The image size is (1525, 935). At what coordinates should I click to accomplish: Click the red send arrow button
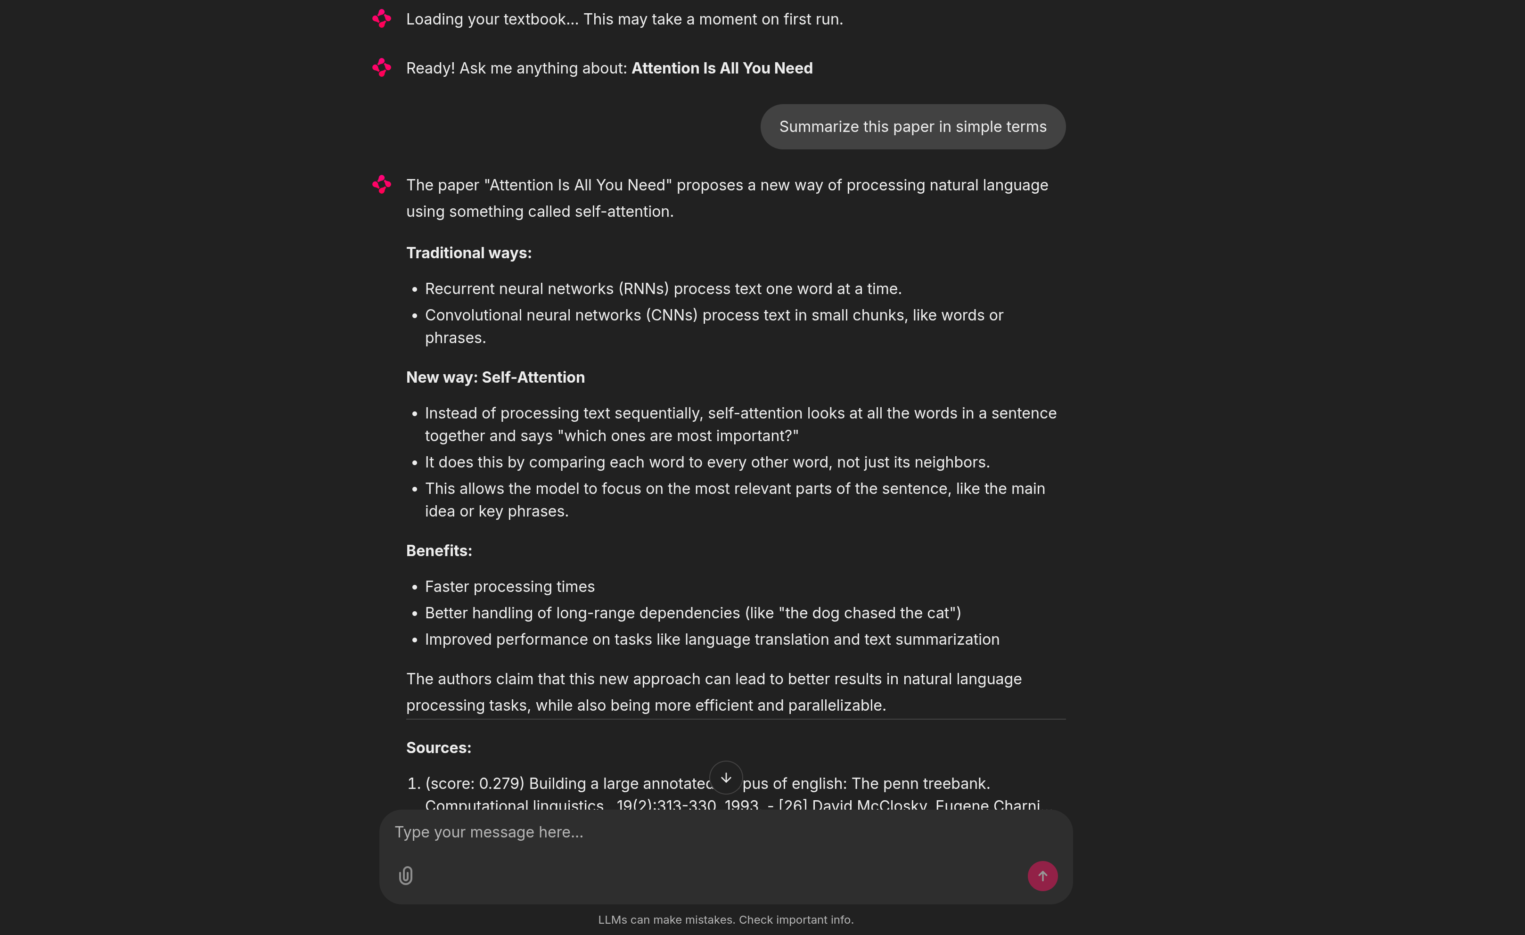coord(1042,876)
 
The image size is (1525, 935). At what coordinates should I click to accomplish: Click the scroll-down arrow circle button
coord(726,778)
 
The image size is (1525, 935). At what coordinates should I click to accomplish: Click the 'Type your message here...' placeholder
coord(489,832)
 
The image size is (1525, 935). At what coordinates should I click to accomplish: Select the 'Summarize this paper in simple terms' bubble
coord(912,127)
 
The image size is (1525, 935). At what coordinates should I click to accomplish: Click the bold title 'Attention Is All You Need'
coord(722,68)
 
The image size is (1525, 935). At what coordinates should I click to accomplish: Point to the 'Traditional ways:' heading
coord(468,253)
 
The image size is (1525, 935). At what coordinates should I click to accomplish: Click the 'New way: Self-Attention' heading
coord(495,377)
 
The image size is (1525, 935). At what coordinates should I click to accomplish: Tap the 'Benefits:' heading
coord(439,551)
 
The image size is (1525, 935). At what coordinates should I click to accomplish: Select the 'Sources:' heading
coord(438,747)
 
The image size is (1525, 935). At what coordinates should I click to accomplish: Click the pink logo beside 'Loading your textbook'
coord(382,18)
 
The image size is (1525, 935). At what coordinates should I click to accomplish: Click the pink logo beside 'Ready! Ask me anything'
coord(382,67)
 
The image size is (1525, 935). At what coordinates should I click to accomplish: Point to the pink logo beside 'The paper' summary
coord(382,184)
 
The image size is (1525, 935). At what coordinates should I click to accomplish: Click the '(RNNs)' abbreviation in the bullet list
coord(644,289)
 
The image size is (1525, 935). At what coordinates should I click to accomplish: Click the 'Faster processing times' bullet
coord(509,587)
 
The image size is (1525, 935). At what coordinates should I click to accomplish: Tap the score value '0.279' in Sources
coord(500,783)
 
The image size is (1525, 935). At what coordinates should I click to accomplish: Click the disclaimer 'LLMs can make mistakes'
coord(666,920)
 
